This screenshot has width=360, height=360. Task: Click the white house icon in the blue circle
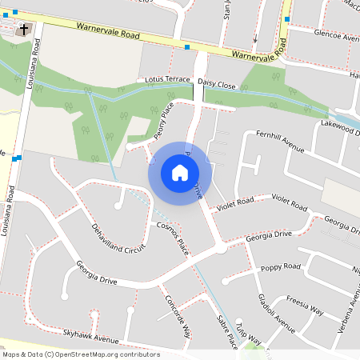click(x=180, y=172)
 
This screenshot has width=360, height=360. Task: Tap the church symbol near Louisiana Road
click(x=24, y=30)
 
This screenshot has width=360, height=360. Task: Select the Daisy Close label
click(x=217, y=83)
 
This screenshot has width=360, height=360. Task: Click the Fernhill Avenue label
click(x=280, y=141)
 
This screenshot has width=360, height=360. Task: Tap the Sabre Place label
click(x=227, y=330)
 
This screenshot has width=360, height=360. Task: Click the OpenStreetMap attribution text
click(x=81, y=354)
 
